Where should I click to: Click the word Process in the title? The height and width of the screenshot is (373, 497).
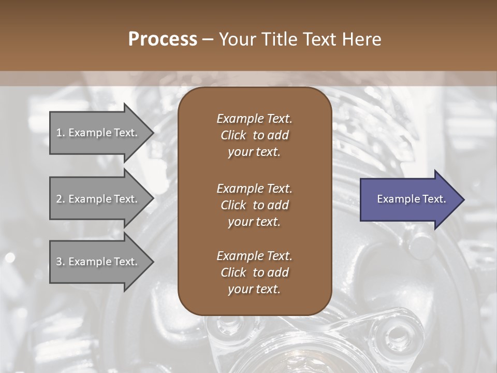point(163,39)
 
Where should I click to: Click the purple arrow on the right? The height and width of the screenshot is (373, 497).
point(409,199)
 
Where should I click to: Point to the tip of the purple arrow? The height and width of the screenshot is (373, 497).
point(463,199)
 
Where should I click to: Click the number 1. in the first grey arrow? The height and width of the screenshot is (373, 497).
point(61,133)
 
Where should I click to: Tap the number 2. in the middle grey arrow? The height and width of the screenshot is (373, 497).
point(61,199)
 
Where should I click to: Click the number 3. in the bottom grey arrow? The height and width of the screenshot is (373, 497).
point(61,262)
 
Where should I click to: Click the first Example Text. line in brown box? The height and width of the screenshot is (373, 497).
point(254,119)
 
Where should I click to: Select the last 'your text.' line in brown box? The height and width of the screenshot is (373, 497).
point(254,289)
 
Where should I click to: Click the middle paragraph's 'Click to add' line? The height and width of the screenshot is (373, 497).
point(254,205)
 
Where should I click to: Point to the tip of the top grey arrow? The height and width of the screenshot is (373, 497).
point(153,133)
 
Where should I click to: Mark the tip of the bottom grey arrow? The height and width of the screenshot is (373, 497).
point(153,262)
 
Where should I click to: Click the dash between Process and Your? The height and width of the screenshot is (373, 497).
point(208,39)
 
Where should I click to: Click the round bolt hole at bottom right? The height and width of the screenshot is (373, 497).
point(397,332)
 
